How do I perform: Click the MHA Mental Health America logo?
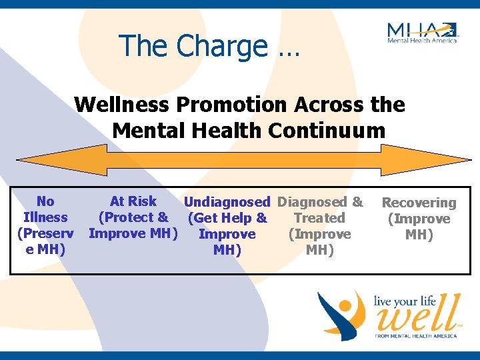(422, 32)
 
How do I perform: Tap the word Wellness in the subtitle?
(119, 105)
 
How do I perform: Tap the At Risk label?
(133, 201)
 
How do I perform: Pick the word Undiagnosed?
(227, 202)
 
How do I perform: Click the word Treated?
(319, 218)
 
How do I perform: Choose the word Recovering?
(419, 203)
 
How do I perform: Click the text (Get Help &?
(227, 218)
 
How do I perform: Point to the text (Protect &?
(133, 217)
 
